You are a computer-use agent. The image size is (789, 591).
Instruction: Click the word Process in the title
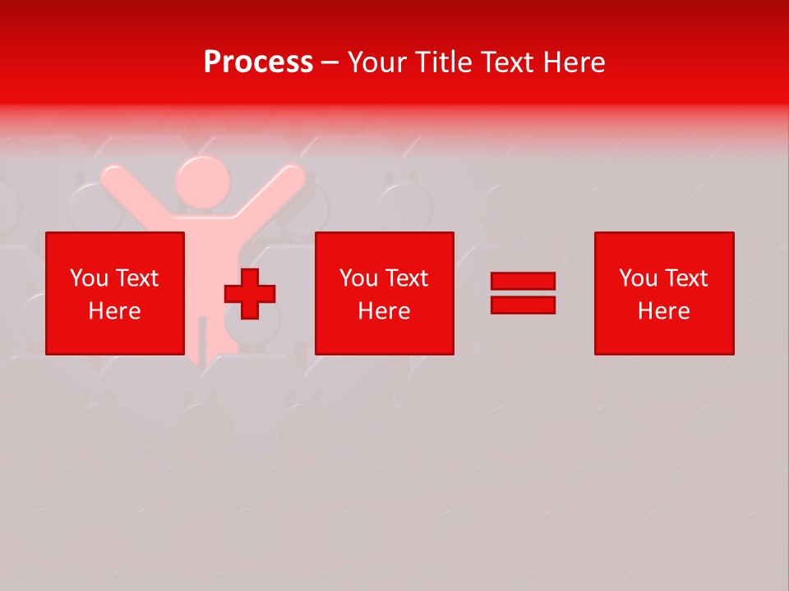coord(258,62)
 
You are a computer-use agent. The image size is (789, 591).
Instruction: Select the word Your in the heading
coord(379,62)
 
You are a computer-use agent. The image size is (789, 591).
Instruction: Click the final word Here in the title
coord(574,62)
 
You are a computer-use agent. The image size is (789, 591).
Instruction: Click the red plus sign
coord(250,294)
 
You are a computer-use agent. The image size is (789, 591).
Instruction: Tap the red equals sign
coord(523,293)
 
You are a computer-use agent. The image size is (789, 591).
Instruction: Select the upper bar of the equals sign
coord(523,282)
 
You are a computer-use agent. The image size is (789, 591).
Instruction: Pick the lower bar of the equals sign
coord(523,305)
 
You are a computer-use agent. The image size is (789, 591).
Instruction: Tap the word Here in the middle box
coord(385,311)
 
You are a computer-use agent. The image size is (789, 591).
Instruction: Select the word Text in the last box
coord(685,278)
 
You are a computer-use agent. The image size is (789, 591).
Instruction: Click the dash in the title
coord(330,63)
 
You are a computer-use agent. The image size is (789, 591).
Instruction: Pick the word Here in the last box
coord(664,311)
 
